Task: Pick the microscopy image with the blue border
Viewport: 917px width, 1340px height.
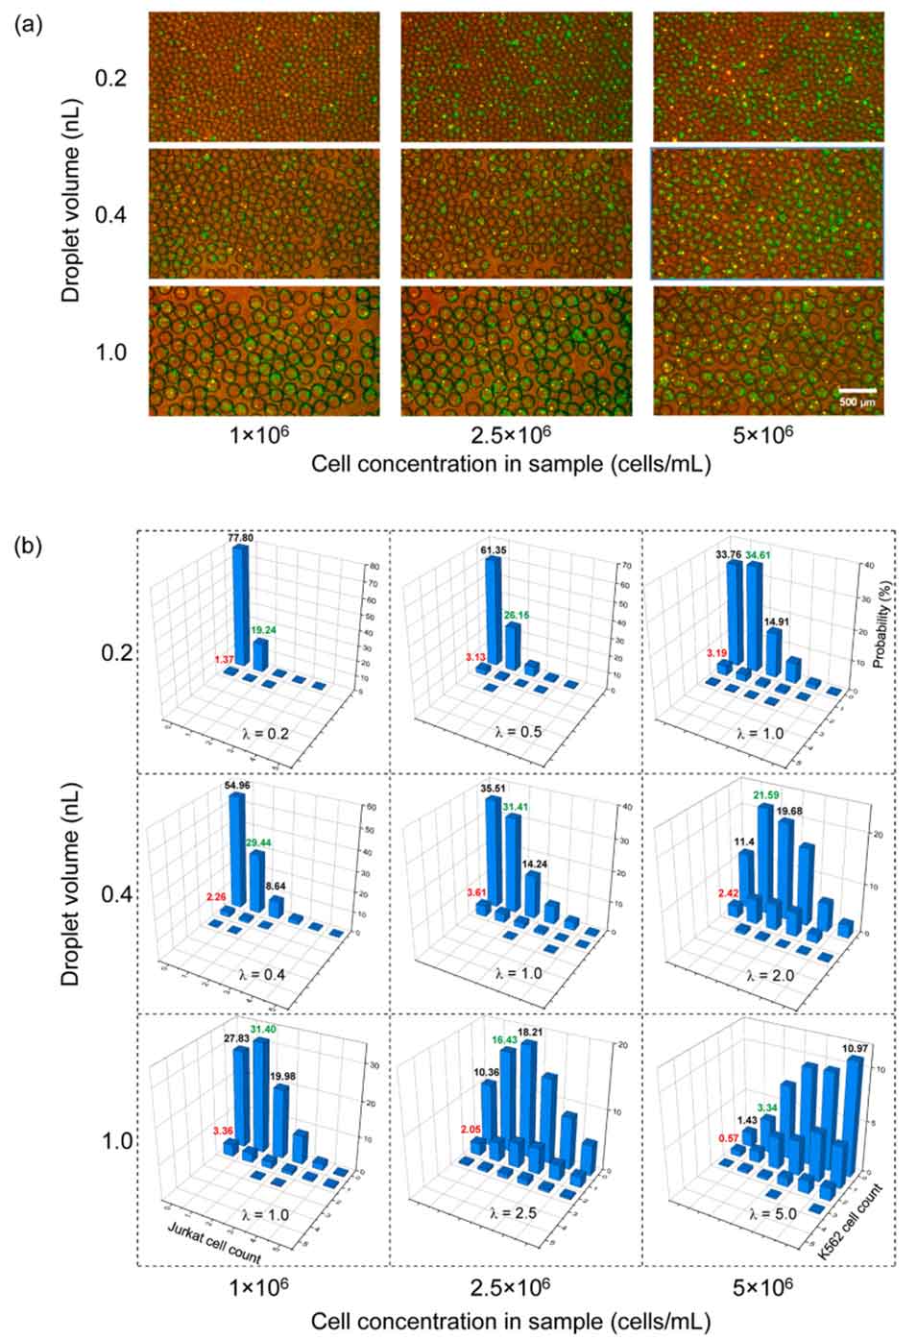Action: click(x=766, y=213)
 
